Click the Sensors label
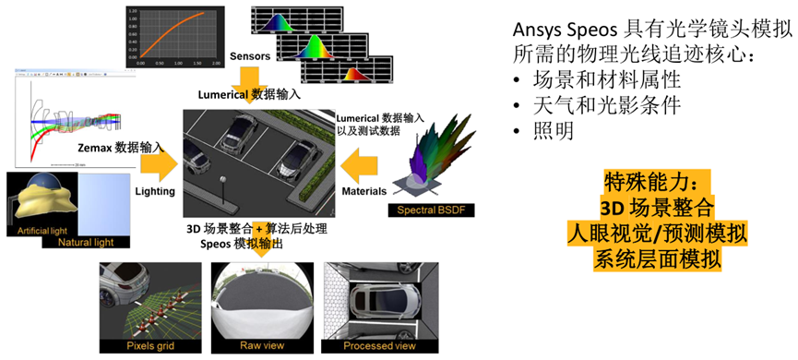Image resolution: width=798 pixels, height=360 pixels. pos(250,55)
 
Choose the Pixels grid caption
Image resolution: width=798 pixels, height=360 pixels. pos(150,345)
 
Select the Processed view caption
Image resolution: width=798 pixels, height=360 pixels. pos(379,345)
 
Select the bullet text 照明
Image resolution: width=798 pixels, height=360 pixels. pos(554,131)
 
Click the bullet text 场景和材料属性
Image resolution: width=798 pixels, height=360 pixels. pos(595,78)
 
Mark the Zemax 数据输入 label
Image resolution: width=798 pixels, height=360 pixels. pos(108,146)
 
